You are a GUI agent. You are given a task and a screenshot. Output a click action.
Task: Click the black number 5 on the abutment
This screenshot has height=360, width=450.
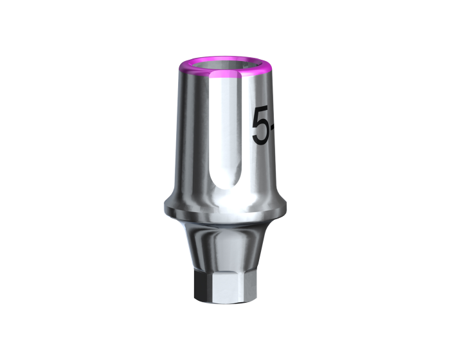[x=261, y=125]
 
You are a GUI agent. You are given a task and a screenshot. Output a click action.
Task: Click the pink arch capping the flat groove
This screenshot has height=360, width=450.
[x=225, y=75]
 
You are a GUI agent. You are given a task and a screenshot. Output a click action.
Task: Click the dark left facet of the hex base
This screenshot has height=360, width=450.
[x=202, y=286]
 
